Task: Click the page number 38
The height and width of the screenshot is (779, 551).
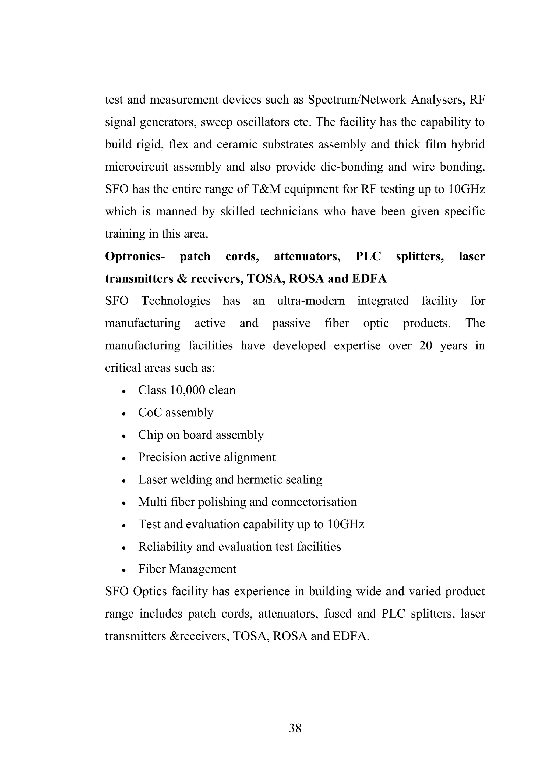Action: (295, 728)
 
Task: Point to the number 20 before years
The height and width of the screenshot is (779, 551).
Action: (426, 346)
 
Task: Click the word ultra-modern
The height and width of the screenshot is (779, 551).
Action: (311, 301)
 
